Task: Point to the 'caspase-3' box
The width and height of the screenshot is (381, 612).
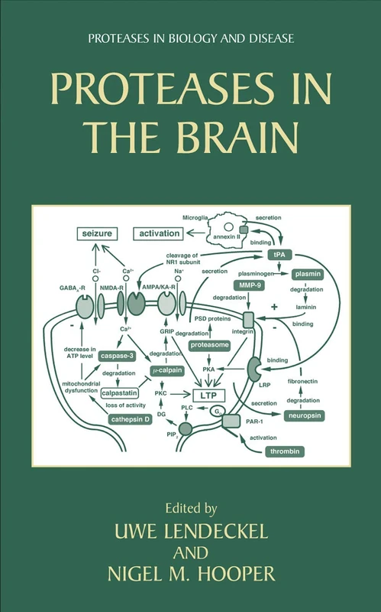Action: [x=118, y=356]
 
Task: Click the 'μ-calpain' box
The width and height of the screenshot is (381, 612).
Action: [x=168, y=370]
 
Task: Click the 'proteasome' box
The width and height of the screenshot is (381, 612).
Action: [x=210, y=346]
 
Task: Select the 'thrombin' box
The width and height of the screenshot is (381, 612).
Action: [x=286, y=452]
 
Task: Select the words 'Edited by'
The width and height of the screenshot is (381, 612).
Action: [x=190, y=506]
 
